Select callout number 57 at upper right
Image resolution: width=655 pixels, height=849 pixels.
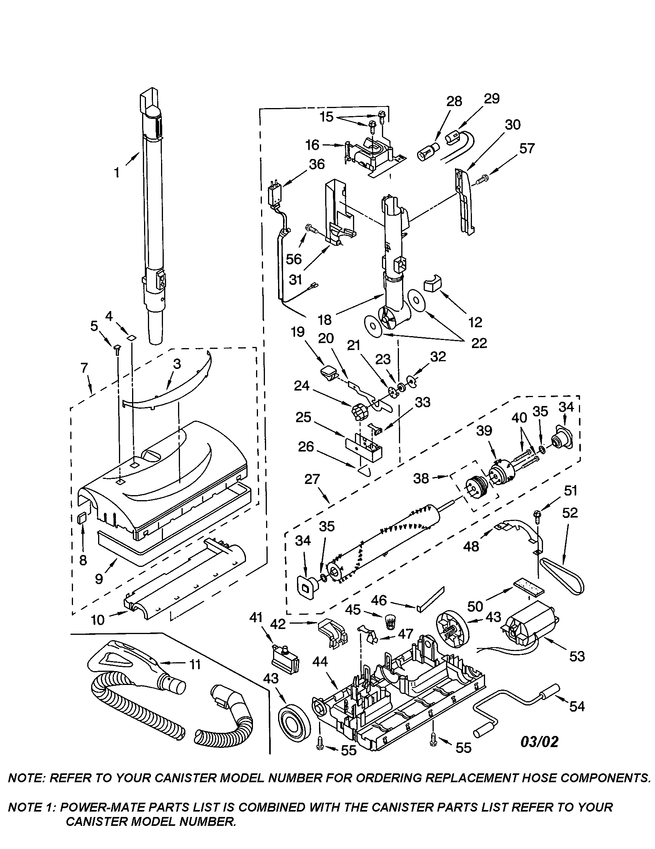click(527, 148)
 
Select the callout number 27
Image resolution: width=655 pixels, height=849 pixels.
click(312, 479)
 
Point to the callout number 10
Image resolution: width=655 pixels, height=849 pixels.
click(98, 619)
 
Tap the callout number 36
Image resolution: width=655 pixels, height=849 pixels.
click(317, 164)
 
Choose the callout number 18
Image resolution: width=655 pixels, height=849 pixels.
click(324, 320)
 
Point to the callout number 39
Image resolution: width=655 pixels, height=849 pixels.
click(485, 430)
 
